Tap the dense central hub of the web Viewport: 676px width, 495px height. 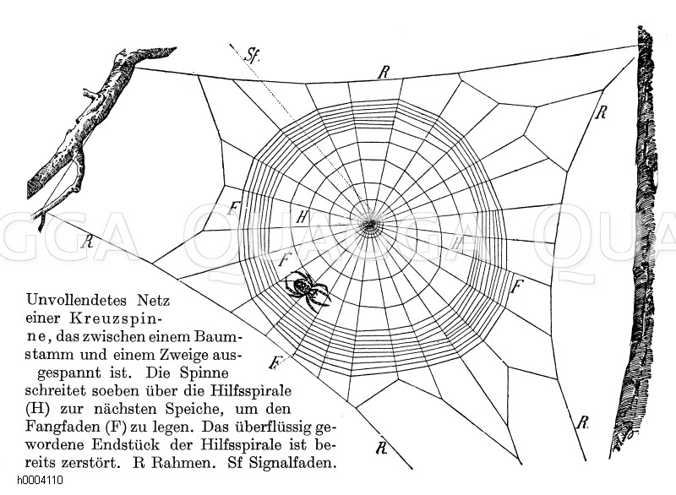[369, 224]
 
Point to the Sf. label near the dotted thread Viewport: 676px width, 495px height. [252, 55]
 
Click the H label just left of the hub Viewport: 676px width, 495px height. [303, 217]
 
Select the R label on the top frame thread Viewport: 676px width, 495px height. [383, 73]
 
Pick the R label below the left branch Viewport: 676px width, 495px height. [88, 242]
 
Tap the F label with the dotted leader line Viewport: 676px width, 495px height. [274, 362]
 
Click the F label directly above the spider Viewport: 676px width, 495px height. [284, 260]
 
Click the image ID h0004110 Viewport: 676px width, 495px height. [40, 480]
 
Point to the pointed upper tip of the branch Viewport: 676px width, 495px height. [175, 48]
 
